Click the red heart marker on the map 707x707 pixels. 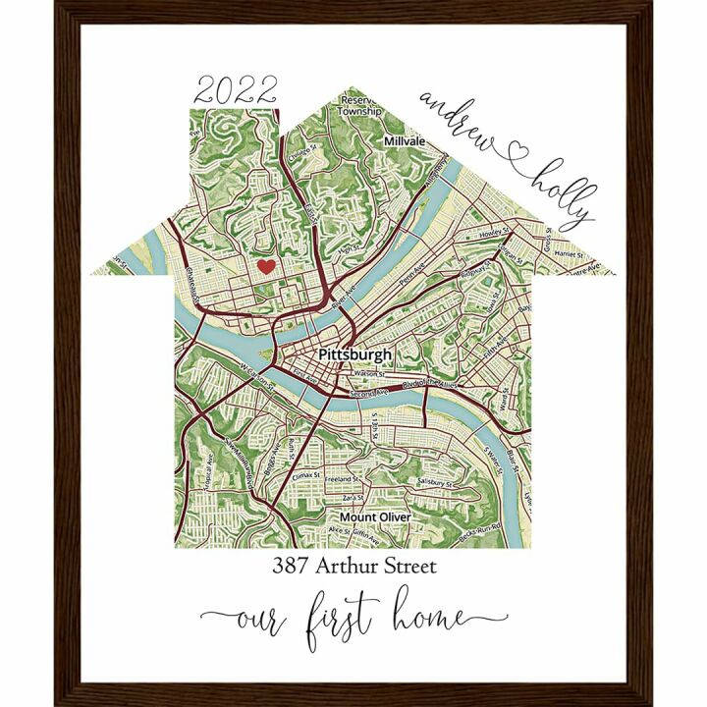click(264, 266)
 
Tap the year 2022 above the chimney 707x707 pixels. click(236, 91)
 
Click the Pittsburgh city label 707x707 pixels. click(354, 354)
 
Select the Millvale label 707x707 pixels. click(406, 141)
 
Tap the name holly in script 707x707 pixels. click(565, 191)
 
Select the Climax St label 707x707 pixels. click(307, 476)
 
